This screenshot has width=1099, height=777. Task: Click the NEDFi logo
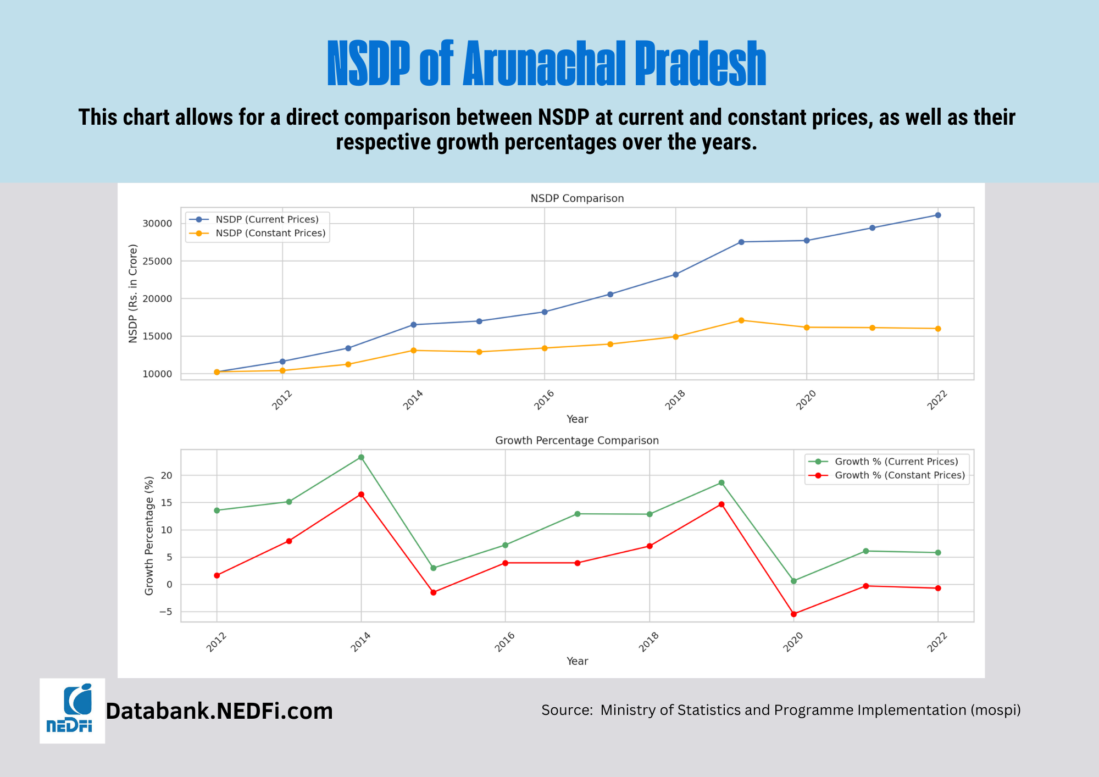pyautogui.click(x=72, y=710)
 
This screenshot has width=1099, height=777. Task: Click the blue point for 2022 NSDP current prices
pyautogui.click(x=938, y=215)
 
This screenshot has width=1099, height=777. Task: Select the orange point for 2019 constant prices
pyautogui.click(x=741, y=320)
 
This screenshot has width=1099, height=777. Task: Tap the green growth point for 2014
pyautogui.click(x=361, y=457)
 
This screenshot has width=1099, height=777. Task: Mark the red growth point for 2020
pyautogui.click(x=793, y=614)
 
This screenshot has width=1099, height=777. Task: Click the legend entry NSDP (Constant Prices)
pyautogui.click(x=270, y=233)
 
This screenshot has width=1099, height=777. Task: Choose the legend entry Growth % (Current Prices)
pyautogui.click(x=896, y=462)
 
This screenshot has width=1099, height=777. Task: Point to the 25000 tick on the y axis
pyautogui.click(x=157, y=261)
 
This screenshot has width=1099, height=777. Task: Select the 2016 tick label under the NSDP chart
pyautogui.click(x=544, y=400)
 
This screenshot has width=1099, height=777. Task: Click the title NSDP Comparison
pyautogui.click(x=577, y=198)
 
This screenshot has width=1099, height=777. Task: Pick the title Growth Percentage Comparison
pyautogui.click(x=577, y=441)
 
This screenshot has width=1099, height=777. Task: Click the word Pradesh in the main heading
pyautogui.click(x=701, y=64)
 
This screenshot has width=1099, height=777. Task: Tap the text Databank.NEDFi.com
pyautogui.click(x=219, y=711)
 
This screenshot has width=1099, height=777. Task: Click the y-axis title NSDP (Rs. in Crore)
pyautogui.click(x=133, y=293)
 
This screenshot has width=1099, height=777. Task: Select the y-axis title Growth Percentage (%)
pyautogui.click(x=149, y=536)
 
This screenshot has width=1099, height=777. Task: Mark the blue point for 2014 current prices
pyautogui.click(x=413, y=325)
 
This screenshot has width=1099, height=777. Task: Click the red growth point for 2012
pyautogui.click(x=217, y=575)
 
